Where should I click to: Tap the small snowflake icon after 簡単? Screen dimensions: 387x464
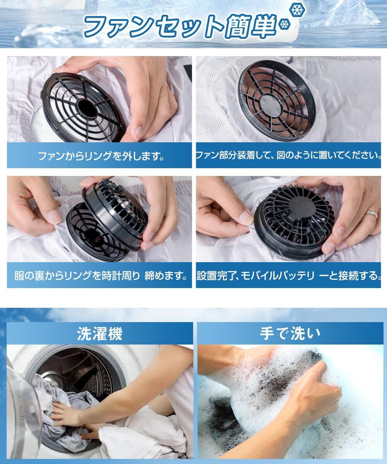click(x=284, y=24)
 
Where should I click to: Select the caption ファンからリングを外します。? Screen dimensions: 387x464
click(x=101, y=156)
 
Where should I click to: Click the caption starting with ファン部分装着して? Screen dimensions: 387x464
click(x=288, y=155)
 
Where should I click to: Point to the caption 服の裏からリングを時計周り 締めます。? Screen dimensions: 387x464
click(x=101, y=276)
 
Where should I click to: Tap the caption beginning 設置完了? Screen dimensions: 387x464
click(x=288, y=276)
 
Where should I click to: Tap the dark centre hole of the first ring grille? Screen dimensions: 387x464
click(x=87, y=109)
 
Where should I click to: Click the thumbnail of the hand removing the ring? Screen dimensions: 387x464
click(x=99, y=99)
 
